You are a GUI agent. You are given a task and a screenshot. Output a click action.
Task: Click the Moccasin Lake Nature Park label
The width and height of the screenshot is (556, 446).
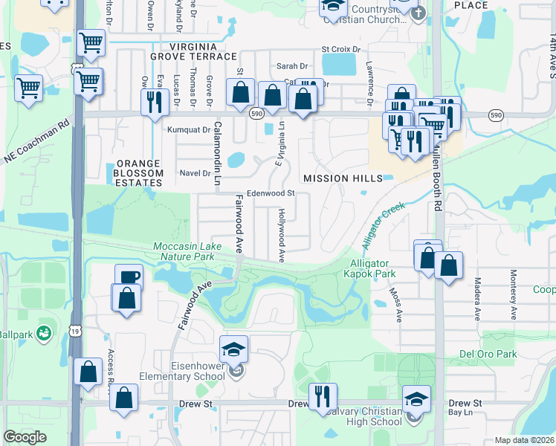point(183,251)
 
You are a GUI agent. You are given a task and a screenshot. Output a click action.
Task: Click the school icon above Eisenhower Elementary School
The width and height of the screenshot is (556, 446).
point(233,349)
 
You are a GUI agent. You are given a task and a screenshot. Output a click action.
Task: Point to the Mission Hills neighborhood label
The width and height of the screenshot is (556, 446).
point(343,178)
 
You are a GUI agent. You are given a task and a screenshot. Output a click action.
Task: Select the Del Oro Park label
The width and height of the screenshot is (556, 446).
point(488,354)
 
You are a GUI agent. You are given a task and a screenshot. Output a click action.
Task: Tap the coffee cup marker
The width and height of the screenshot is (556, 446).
point(129,277)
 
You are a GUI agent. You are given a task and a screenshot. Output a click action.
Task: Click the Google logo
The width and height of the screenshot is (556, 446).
point(25,437)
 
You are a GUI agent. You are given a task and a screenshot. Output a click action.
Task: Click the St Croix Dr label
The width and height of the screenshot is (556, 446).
point(340,50)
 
